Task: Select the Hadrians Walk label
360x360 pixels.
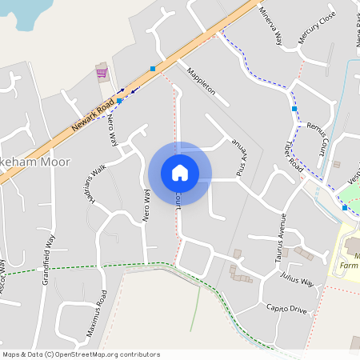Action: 94,182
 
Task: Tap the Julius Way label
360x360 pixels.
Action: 296,279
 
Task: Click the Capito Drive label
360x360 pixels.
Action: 286,309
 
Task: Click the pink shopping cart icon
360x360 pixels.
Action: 102,73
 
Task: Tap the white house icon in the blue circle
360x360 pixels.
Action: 180,173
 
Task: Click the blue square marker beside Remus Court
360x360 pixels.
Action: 294,108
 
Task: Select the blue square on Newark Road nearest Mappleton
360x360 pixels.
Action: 153,69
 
